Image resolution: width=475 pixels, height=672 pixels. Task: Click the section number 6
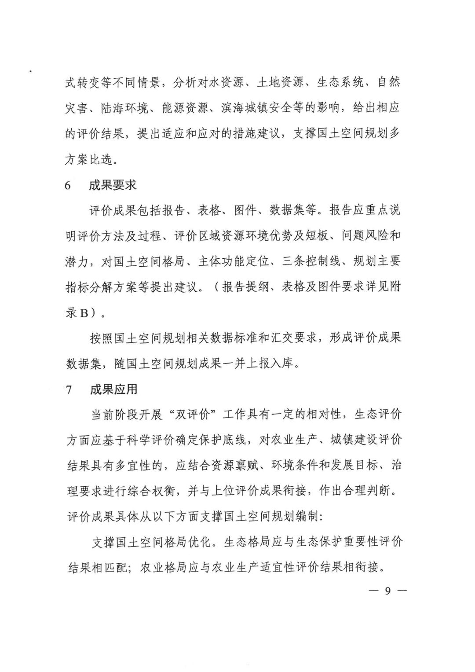(x=68, y=185)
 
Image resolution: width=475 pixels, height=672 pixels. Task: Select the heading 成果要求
(x=113, y=185)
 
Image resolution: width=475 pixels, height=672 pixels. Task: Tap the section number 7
(x=69, y=389)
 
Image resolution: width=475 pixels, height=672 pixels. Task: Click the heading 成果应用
(x=114, y=389)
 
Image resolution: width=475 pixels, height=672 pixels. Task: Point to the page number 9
(x=387, y=591)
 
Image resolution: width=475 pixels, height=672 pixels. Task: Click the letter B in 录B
(x=84, y=313)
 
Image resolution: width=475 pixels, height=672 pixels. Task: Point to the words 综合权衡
(x=152, y=491)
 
